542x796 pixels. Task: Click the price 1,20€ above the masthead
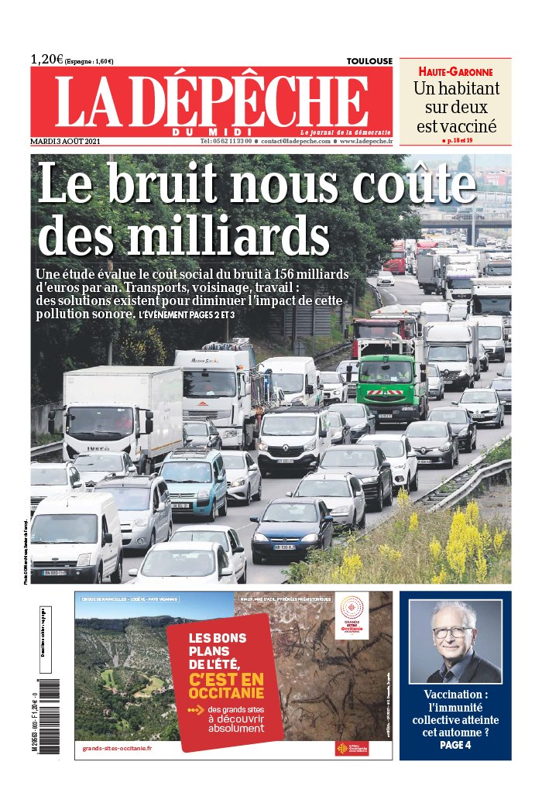(47, 60)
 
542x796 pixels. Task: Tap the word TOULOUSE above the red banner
(369, 61)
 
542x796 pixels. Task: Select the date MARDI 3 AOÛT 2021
(71, 142)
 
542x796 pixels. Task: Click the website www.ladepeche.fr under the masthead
(365, 142)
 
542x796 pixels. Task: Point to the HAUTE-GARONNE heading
(454, 71)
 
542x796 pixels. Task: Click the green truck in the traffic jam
(392, 385)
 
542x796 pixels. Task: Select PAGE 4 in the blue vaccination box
(455, 745)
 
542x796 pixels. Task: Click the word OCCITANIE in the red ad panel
(226, 695)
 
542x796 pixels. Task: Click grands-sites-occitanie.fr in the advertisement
(118, 748)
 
